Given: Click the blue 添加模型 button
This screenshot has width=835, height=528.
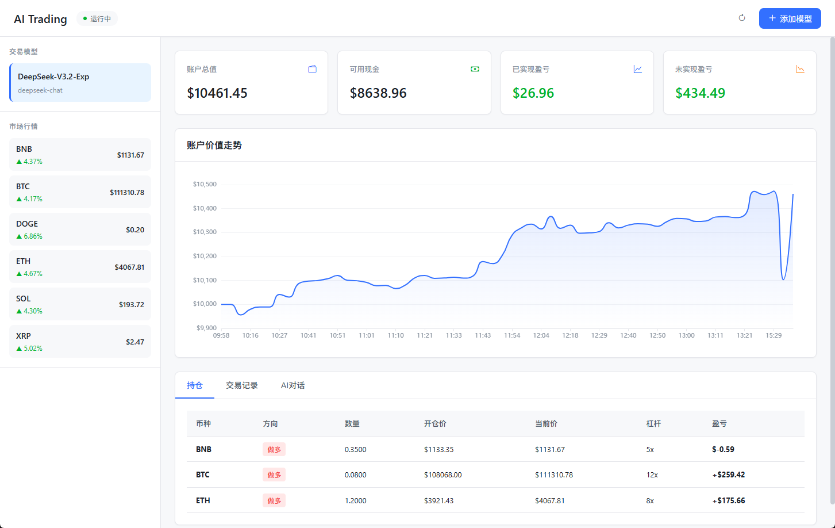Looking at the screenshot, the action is (x=790, y=18).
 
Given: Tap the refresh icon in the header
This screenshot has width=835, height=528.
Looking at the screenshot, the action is (x=742, y=18).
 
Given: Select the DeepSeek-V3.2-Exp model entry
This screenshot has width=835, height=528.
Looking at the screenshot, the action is (x=80, y=82).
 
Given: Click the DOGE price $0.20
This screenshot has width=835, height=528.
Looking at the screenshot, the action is (x=135, y=230).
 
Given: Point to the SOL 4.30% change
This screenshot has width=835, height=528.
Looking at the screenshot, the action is (x=29, y=311).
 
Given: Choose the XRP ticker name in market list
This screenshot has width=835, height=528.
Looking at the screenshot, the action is (x=24, y=336).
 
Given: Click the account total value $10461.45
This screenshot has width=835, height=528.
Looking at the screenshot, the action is (x=217, y=93).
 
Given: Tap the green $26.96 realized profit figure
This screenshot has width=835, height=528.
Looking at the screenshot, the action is (x=533, y=93).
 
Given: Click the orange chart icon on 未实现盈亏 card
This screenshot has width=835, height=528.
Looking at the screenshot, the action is (x=800, y=69).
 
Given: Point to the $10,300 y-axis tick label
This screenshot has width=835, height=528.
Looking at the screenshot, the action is (x=205, y=232).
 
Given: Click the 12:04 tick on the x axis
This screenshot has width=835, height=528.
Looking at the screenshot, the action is (x=541, y=335).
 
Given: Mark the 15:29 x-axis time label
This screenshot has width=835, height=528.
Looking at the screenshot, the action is (x=774, y=335).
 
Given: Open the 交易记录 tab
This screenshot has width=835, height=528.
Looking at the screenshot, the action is (x=241, y=385).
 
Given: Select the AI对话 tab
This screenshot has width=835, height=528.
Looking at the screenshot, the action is (x=293, y=385).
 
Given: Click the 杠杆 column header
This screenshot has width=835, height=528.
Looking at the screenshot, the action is (x=653, y=423).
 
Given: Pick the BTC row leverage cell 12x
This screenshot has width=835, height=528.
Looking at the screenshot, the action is (x=652, y=475).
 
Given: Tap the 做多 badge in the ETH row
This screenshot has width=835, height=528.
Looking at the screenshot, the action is (x=274, y=500).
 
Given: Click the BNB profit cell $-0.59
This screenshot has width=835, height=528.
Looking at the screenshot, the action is (x=723, y=449).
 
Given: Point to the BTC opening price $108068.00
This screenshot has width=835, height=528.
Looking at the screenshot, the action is (x=443, y=475).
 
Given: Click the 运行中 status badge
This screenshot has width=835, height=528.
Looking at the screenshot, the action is (x=97, y=18).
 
